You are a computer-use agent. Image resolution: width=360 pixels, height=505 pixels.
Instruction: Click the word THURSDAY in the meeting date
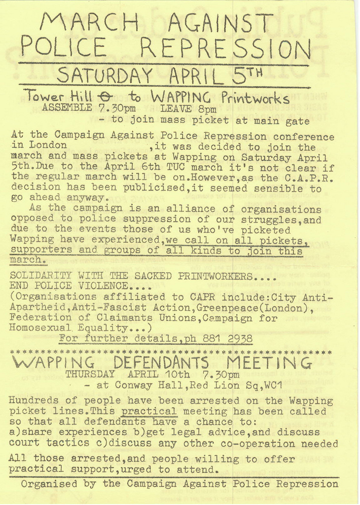pos(90,374)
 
